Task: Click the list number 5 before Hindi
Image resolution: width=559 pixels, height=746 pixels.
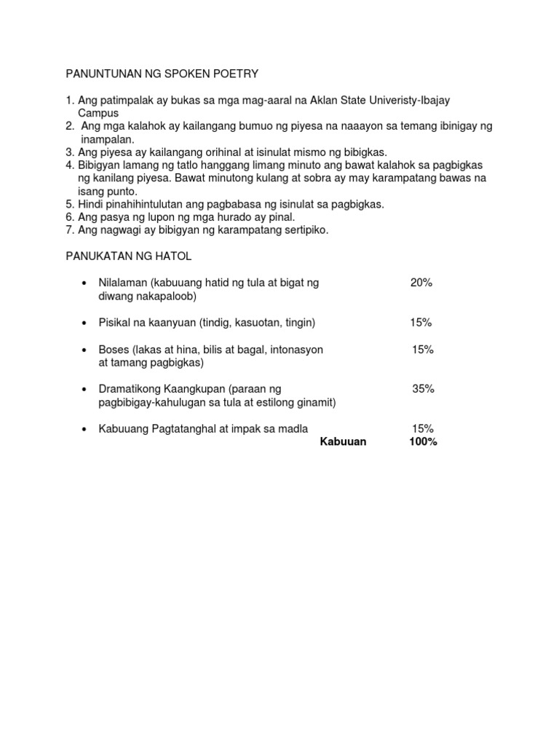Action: (70, 204)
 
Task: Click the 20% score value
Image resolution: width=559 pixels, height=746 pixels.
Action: (421, 283)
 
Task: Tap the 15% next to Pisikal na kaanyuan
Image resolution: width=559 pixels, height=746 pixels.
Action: (421, 322)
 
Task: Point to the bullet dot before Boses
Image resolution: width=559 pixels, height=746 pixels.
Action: (85, 350)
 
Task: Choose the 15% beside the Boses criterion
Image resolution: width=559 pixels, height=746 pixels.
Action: (422, 350)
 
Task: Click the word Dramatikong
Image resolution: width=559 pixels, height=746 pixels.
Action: (129, 389)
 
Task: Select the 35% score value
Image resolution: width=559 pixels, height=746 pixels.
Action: (423, 389)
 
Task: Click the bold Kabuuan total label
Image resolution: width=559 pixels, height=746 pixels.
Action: (343, 441)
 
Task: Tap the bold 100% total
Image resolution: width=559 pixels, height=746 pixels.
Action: (423, 441)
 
